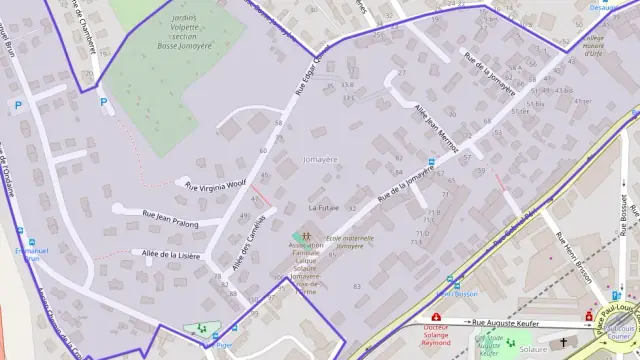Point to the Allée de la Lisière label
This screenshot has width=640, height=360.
click(x=171, y=255)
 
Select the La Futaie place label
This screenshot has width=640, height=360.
click(x=323, y=207)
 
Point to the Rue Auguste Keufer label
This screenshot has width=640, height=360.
click(x=507, y=322)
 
